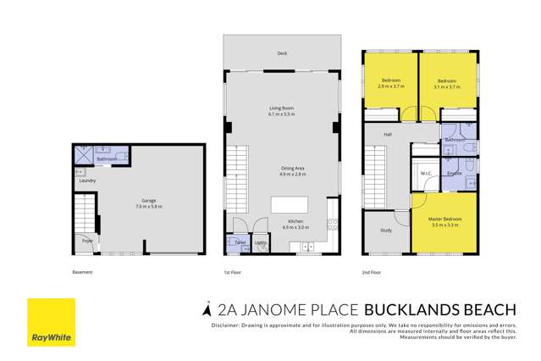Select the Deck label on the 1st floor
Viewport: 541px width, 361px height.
(x=282, y=53)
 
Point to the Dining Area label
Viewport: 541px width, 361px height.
(x=282, y=169)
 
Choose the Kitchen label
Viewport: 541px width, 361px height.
(x=282, y=224)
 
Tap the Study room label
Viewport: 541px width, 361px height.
(x=386, y=230)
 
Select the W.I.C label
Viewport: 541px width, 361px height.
(x=426, y=174)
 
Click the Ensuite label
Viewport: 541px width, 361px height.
(x=454, y=174)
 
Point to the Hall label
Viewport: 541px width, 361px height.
(x=388, y=134)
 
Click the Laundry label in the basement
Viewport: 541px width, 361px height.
(x=86, y=180)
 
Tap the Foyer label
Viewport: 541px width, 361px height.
(x=86, y=241)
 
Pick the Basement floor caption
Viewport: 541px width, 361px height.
(x=82, y=272)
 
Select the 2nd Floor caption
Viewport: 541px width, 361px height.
(x=373, y=272)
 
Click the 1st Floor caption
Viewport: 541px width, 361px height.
(x=233, y=272)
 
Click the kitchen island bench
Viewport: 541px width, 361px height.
(x=289, y=204)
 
